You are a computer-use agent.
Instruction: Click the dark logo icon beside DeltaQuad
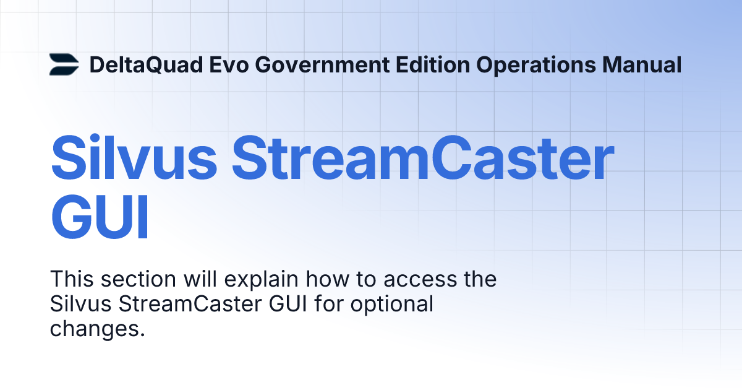coord(64,64)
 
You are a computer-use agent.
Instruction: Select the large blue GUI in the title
coord(100,218)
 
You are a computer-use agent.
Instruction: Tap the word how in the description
coord(327,279)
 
